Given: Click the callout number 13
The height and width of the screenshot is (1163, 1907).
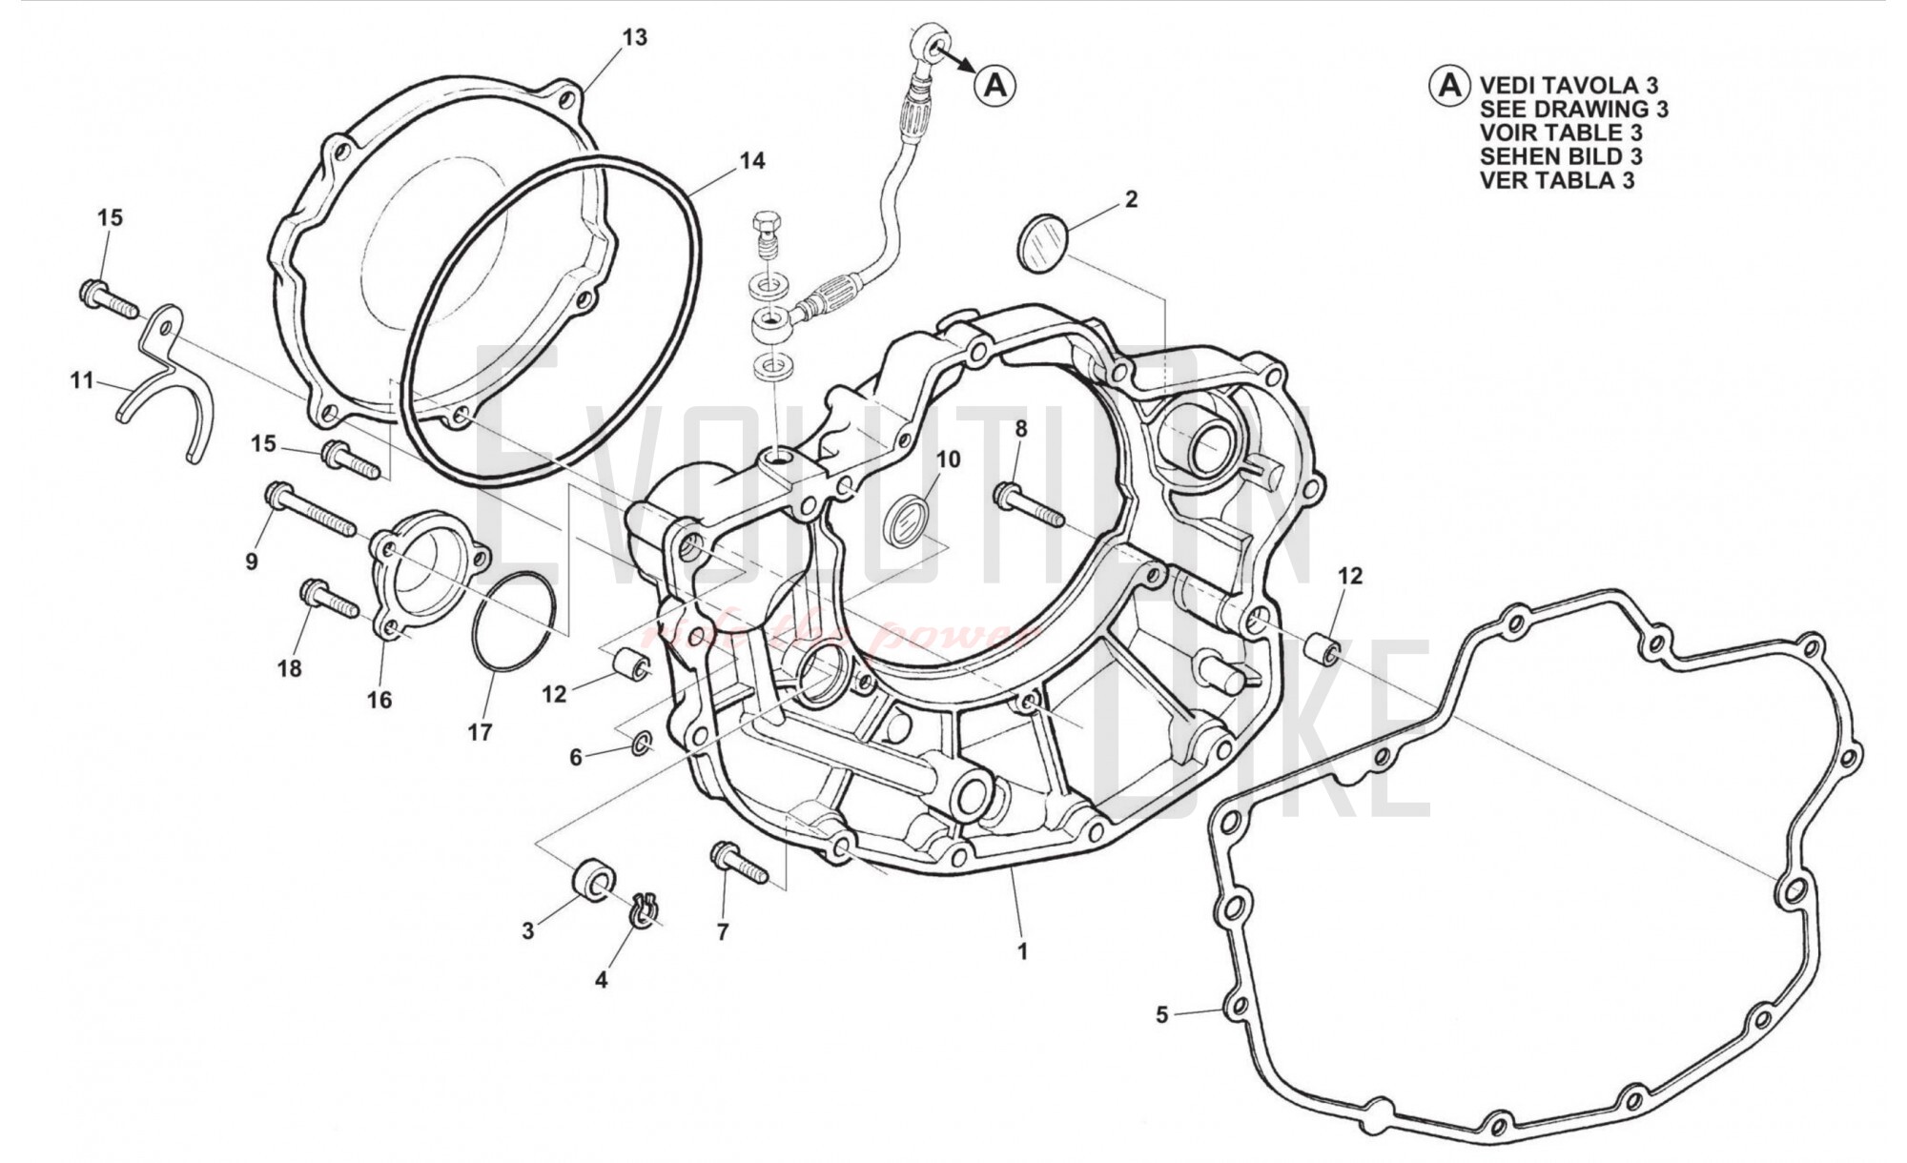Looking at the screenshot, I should [x=635, y=37].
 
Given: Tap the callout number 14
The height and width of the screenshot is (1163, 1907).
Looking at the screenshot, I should [x=752, y=160].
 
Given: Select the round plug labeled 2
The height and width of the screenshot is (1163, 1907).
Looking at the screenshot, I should [x=1042, y=243].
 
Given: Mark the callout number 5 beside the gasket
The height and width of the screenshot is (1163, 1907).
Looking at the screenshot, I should [x=1161, y=1015].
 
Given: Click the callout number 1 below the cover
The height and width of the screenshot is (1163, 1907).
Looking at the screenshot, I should [x=1022, y=951].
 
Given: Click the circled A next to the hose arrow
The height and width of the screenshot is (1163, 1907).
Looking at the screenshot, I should [x=995, y=86].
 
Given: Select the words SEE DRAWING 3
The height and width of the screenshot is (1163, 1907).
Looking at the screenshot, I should [x=1573, y=109].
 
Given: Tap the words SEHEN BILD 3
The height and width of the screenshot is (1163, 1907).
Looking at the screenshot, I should [x=1561, y=155].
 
